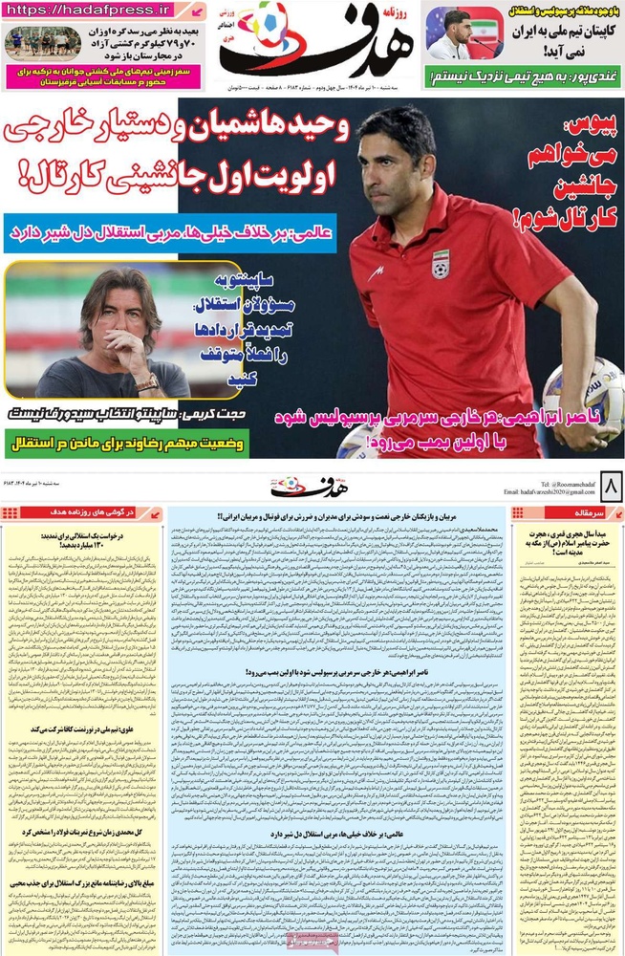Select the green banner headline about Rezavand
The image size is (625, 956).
coord(125,445)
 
